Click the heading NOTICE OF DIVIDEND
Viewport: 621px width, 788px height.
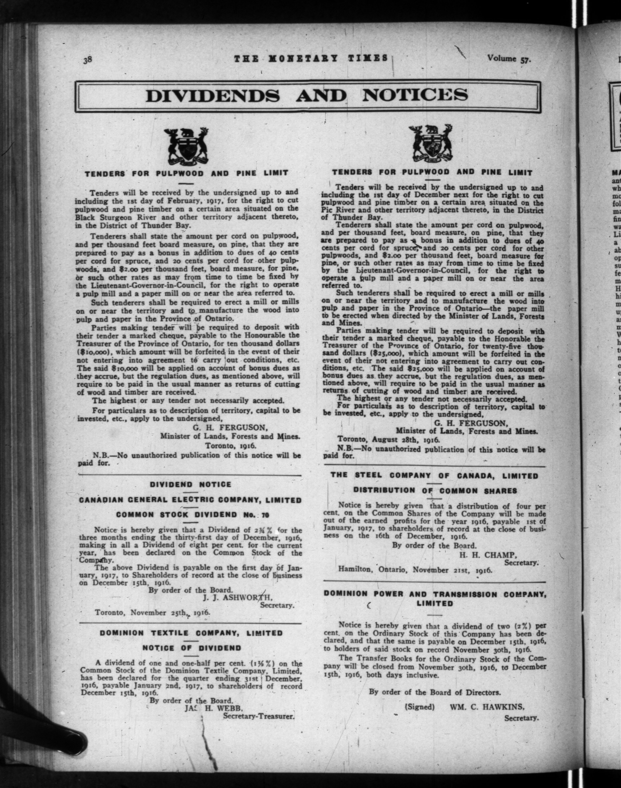click(x=191, y=648)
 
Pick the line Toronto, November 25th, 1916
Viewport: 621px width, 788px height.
click(x=153, y=612)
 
